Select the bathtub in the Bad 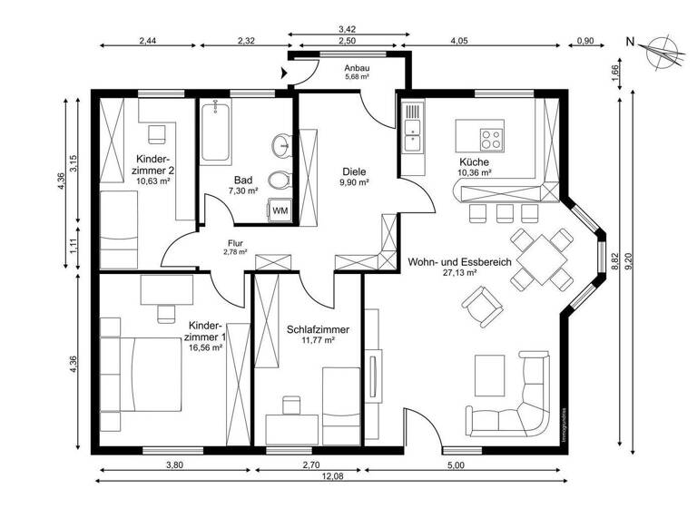[215, 132]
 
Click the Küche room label [475, 161]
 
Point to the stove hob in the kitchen [491, 140]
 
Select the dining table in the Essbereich [541, 257]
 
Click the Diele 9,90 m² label [354, 176]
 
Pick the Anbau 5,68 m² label [357, 73]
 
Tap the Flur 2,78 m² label [236, 247]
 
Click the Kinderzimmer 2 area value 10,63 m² [153, 181]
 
